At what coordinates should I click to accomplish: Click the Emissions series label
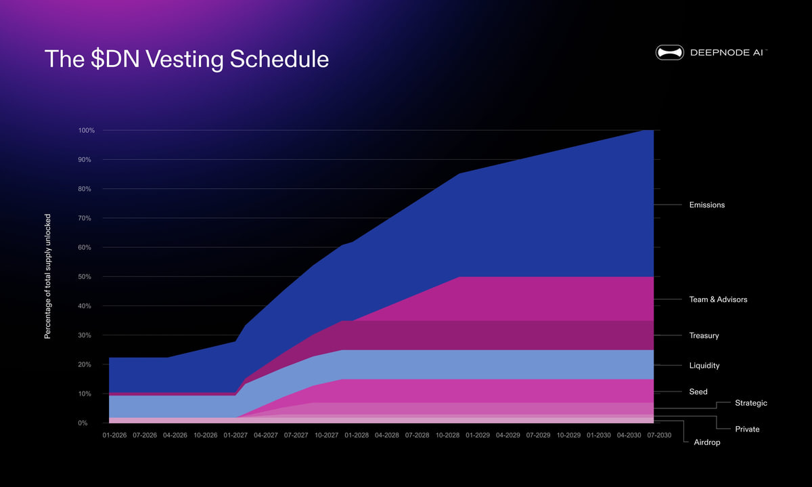tap(706, 205)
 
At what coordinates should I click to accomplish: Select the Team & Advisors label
tap(718, 299)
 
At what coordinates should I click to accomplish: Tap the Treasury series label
tap(704, 336)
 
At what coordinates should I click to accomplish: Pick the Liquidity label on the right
tap(704, 366)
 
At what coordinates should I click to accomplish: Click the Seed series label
tap(698, 391)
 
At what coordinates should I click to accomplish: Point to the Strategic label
tap(750, 403)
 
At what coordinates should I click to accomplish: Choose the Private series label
tap(747, 429)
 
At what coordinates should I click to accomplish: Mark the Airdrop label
tap(707, 442)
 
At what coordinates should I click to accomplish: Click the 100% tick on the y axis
tap(87, 130)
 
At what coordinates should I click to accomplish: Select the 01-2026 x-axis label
tap(114, 436)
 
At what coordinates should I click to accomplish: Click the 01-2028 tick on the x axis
tap(357, 436)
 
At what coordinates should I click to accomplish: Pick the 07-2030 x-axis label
tap(659, 436)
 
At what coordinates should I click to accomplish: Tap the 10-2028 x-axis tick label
tap(447, 436)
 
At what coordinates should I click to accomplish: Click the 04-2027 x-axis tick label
tap(265, 436)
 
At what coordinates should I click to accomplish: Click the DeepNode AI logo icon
tap(669, 52)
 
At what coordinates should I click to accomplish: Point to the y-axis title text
tap(48, 277)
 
